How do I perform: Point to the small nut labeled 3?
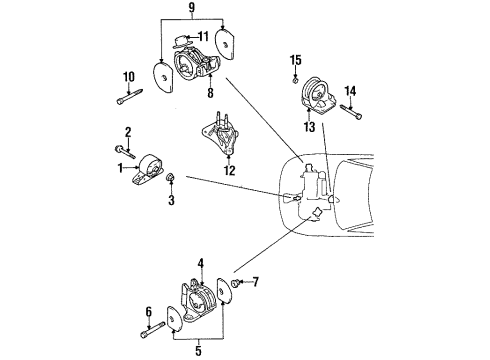(171, 180)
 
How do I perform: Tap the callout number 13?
(310, 128)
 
